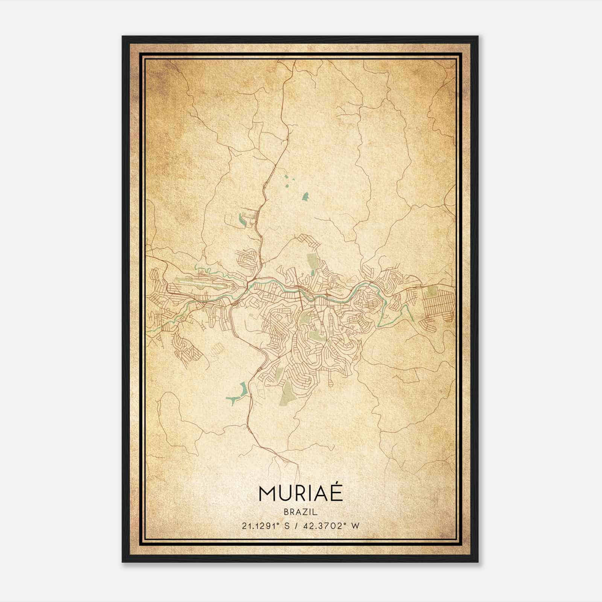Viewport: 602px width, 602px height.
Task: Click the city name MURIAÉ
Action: click(x=301, y=494)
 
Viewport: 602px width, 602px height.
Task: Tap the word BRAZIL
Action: click(x=301, y=512)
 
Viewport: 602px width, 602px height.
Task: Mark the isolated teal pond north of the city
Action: click(x=306, y=196)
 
